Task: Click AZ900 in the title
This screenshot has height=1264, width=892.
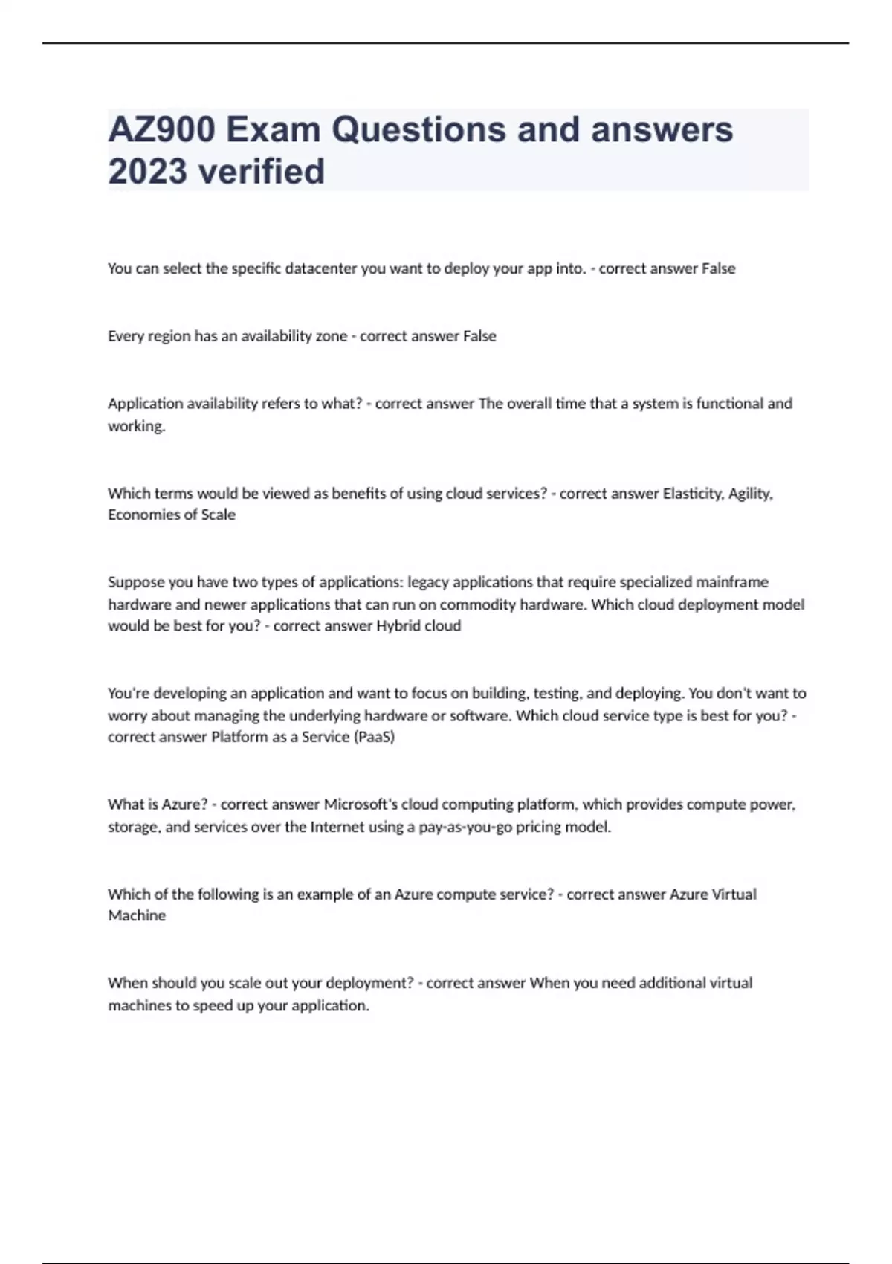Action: coord(162,130)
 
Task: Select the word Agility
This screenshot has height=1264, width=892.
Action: coord(751,494)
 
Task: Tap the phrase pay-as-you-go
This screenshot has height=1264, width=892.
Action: coord(465,827)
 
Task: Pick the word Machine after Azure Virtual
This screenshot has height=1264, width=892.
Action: coord(137,915)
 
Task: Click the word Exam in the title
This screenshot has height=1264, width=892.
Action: coord(274,130)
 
